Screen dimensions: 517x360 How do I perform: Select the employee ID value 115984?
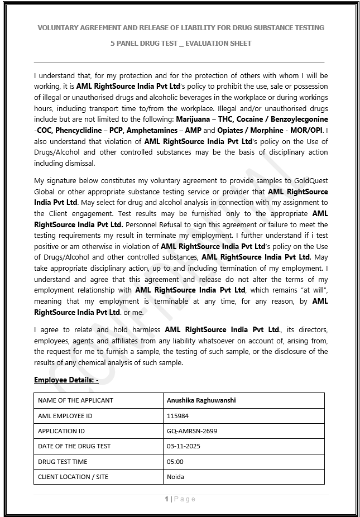[x=177, y=415]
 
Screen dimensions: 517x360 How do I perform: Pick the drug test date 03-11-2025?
[x=183, y=446]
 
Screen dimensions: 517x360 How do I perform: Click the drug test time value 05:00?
[x=175, y=462]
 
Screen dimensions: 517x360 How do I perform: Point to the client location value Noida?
[x=175, y=477]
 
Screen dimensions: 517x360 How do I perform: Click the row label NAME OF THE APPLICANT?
[x=75, y=400]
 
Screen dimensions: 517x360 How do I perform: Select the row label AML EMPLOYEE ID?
[x=65, y=415]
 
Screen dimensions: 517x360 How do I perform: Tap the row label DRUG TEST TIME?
[x=63, y=462]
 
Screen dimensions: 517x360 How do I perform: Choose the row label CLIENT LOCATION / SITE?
[x=73, y=477]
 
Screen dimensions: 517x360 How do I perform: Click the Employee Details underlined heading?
[x=66, y=380]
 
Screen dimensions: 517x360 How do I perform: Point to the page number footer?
[x=180, y=499]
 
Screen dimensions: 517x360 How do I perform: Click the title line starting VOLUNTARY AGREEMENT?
[x=180, y=27]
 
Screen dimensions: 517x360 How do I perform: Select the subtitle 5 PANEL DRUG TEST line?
[x=180, y=43]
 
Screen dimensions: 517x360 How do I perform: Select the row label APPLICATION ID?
[x=61, y=431]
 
